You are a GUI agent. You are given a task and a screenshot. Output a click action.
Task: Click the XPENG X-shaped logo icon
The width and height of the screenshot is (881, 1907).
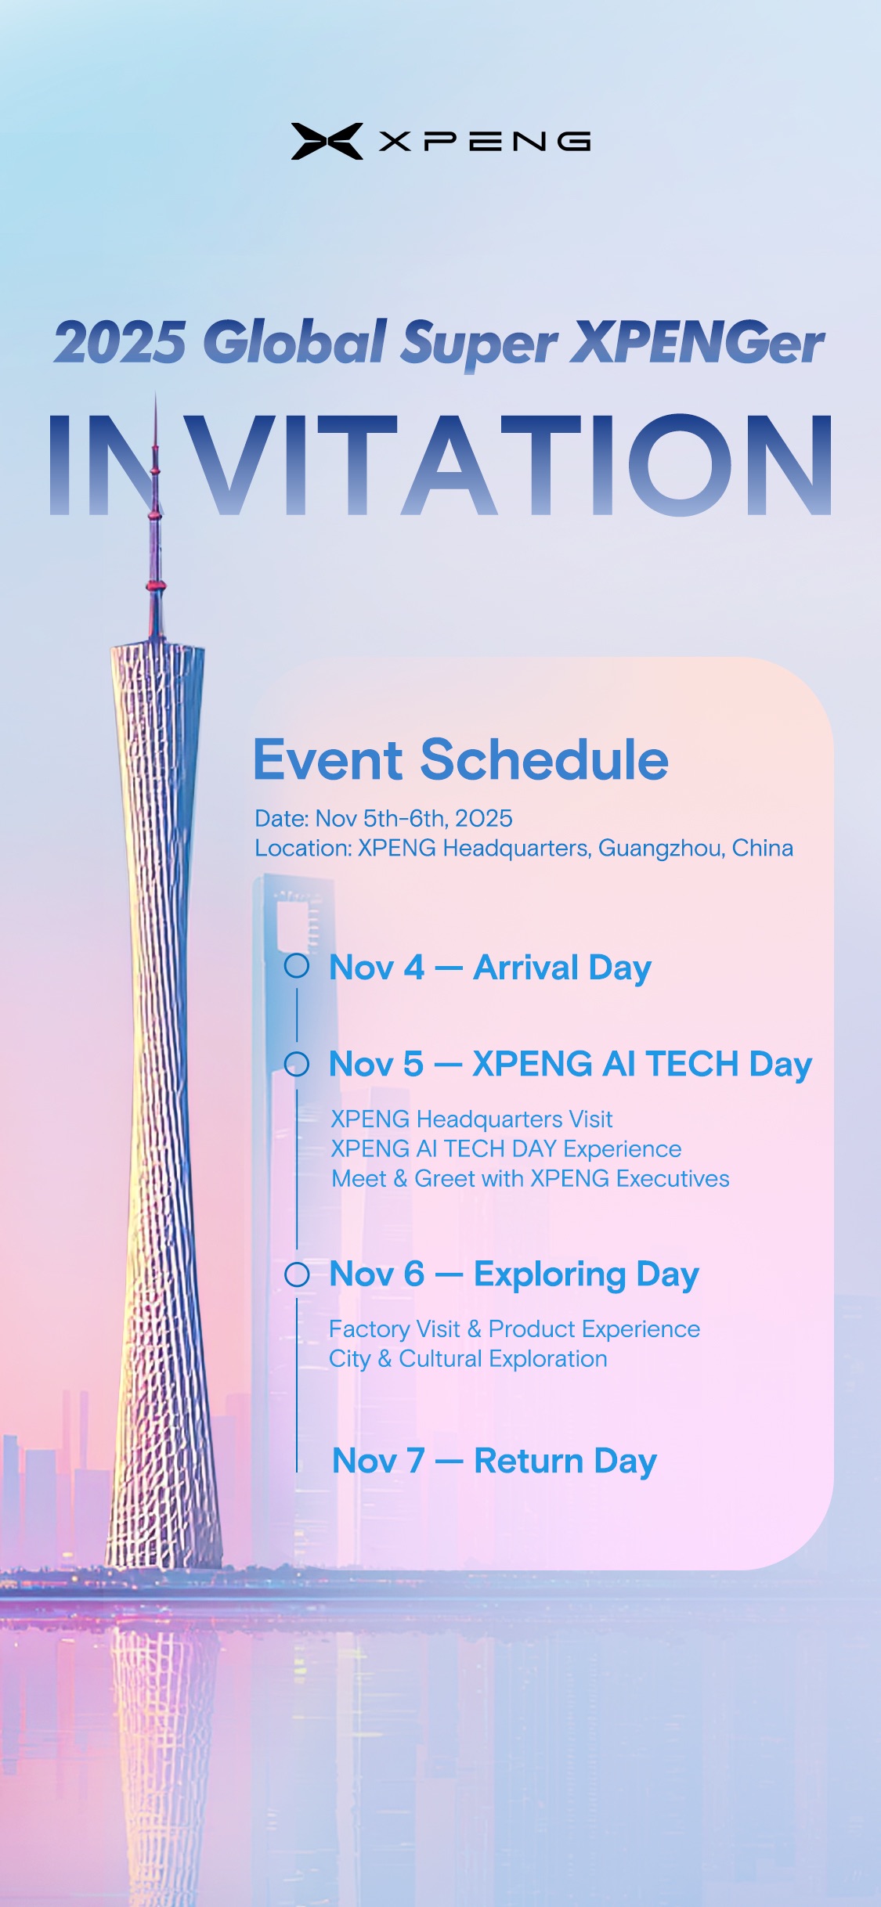point(327,141)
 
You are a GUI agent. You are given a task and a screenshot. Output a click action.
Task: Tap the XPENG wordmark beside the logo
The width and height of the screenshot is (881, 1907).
point(485,141)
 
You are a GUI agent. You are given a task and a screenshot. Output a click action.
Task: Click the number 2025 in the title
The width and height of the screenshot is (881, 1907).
point(120,342)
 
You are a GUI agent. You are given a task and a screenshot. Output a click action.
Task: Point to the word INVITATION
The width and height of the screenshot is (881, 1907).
point(440,464)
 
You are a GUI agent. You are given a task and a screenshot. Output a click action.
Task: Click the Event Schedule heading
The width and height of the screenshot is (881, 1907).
point(461,760)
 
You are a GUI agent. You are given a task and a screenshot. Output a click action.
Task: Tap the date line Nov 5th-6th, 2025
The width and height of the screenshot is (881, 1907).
point(384,819)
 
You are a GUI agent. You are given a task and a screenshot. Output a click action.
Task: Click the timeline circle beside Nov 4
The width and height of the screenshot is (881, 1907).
point(297,965)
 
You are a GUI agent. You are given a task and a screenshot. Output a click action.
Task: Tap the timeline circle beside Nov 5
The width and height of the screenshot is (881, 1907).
point(297,1064)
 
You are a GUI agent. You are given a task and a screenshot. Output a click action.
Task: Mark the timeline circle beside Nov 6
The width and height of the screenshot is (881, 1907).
point(297,1274)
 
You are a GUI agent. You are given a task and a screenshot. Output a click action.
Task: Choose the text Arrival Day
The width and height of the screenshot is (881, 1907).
point(562,968)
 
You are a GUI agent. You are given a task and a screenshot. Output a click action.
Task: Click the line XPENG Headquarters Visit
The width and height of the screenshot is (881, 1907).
point(471,1119)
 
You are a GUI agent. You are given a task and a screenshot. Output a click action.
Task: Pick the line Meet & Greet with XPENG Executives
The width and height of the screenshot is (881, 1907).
point(530,1179)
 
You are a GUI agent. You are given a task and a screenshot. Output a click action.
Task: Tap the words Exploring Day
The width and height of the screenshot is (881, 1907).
point(587,1275)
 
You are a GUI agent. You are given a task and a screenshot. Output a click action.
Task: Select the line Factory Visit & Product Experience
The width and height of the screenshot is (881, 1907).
point(515,1329)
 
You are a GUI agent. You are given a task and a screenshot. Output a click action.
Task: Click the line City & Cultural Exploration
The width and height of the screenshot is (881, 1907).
point(468,1359)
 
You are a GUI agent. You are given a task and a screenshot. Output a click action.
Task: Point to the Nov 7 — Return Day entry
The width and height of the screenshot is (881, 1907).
point(495,1462)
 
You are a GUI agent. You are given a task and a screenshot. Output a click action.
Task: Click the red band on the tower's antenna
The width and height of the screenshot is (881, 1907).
point(156,586)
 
